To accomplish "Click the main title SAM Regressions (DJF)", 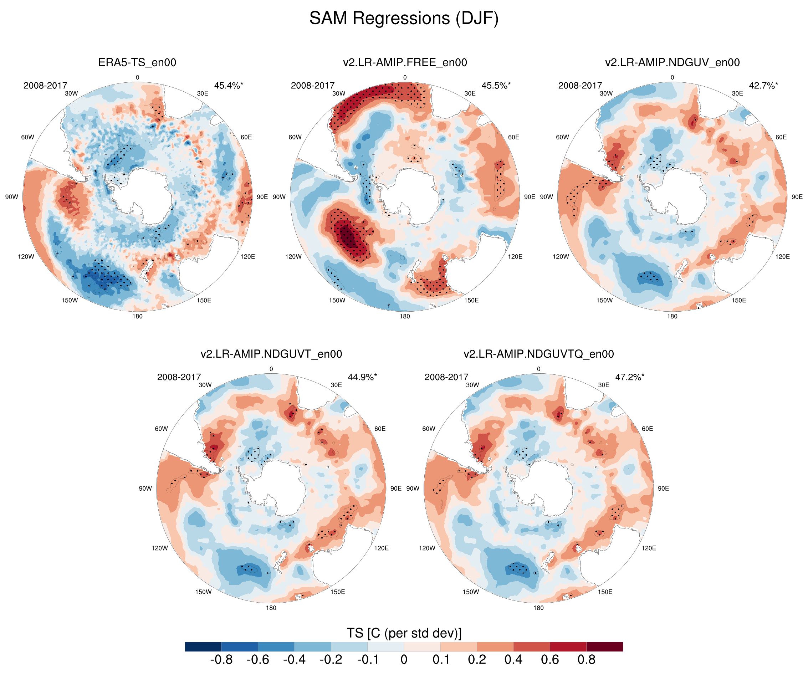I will point(404,19).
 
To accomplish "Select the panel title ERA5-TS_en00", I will point(137,62).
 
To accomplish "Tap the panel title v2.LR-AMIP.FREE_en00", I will point(405,62).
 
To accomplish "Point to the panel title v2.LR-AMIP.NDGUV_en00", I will point(672,62).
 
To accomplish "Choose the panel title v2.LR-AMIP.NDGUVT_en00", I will point(271,354).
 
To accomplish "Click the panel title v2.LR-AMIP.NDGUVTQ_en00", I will point(538,354).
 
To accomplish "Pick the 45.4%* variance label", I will point(229,86).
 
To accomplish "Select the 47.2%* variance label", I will point(629,377).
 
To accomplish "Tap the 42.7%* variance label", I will point(763,86).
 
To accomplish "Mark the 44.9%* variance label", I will point(362,377).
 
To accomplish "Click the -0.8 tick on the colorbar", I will point(221,660).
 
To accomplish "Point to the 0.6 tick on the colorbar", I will point(550,660).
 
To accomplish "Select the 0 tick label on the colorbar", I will point(404,660).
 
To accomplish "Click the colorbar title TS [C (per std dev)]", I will point(404,633).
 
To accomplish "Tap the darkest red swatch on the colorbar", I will point(604,646).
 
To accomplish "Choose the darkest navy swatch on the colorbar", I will point(203,646).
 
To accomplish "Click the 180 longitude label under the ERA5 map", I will point(137,316).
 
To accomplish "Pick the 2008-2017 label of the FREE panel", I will point(312,86).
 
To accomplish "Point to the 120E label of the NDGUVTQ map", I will point(649,548).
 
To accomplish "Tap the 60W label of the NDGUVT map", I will point(161,429).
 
